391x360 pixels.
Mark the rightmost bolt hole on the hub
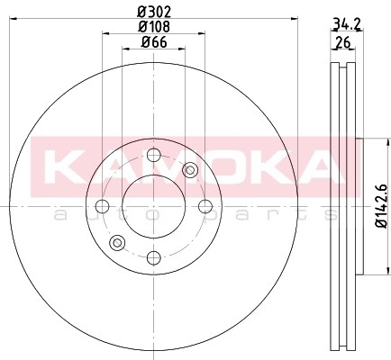click(x=205, y=206)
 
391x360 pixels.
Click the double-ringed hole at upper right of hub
click(x=189, y=170)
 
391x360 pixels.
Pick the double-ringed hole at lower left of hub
click(x=116, y=242)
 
